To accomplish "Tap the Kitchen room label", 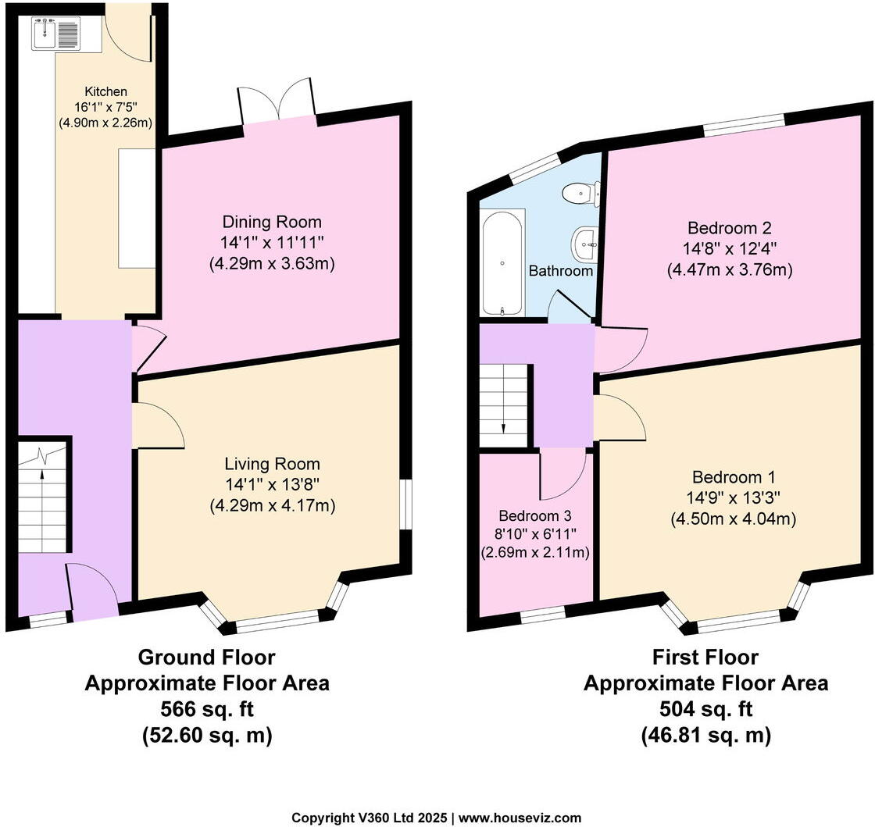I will click(x=105, y=92).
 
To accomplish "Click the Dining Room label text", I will click(x=272, y=223).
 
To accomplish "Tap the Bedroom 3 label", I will click(x=535, y=516).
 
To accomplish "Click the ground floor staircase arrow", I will click(x=42, y=472).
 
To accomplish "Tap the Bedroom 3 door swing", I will click(x=563, y=472).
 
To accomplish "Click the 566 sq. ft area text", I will click(x=207, y=710).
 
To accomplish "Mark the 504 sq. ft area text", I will click(x=705, y=710).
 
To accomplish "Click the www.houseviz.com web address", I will click(x=520, y=818).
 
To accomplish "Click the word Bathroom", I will click(x=561, y=272).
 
